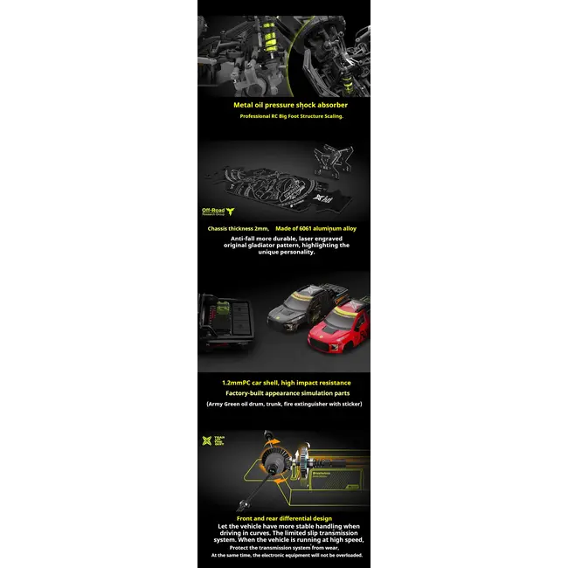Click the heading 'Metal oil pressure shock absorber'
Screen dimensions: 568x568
coord(284,105)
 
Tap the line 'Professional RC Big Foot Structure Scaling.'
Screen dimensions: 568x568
coord(284,115)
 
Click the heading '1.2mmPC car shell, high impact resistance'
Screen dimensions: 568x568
coord(284,382)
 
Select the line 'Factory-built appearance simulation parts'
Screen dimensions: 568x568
coord(284,393)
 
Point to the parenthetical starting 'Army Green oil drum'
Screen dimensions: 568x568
coord(284,404)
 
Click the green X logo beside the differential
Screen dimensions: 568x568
coord(207,440)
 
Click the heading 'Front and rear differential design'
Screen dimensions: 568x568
coord(284,518)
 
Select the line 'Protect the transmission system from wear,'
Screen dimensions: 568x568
coord(284,547)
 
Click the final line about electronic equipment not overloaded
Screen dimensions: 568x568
coord(284,555)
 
